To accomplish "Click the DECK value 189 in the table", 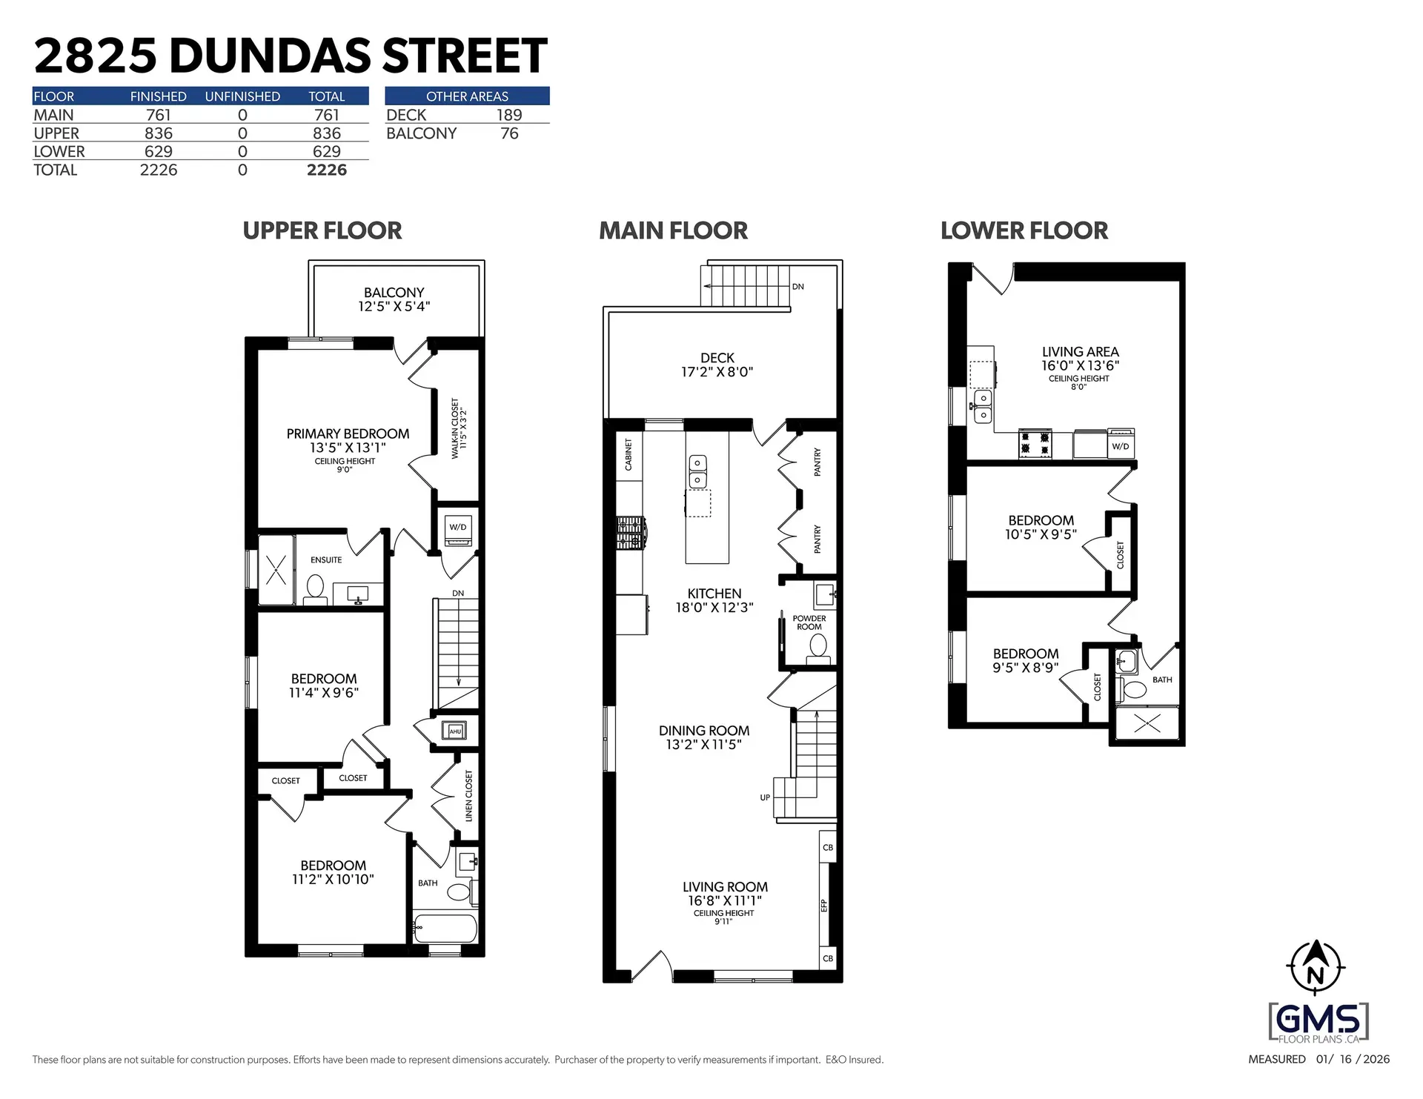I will (x=509, y=115).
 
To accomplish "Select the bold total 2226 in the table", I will (x=327, y=170).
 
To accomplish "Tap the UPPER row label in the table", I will (x=56, y=133).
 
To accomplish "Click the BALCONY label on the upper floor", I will (x=394, y=293).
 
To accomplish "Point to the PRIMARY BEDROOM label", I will (x=348, y=434).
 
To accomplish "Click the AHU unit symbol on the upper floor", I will (x=454, y=731).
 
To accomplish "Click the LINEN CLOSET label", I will (x=468, y=796).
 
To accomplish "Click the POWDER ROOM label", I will (x=809, y=622).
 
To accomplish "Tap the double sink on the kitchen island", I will (x=697, y=471).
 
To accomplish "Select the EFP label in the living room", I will (x=824, y=905).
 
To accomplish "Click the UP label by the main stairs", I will (x=765, y=797).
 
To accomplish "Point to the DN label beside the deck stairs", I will (x=797, y=287).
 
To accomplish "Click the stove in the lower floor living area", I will (x=1035, y=443).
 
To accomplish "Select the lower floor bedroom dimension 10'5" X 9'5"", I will (x=1041, y=534).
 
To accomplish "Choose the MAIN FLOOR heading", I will (x=673, y=230).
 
